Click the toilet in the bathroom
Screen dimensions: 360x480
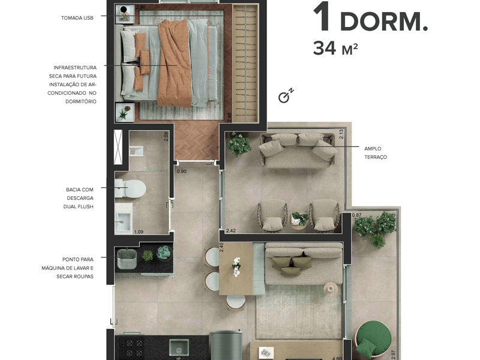(x=133, y=188)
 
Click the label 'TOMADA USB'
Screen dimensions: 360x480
(x=77, y=18)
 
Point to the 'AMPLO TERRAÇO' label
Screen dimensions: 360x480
(x=376, y=152)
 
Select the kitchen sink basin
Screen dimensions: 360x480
(x=179, y=347)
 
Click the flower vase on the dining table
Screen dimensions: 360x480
(x=236, y=266)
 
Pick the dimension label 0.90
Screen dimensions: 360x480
(x=181, y=172)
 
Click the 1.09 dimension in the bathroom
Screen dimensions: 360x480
(x=139, y=232)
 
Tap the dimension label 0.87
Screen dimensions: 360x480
(x=357, y=215)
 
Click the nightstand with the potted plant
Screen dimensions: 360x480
(x=125, y=112)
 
